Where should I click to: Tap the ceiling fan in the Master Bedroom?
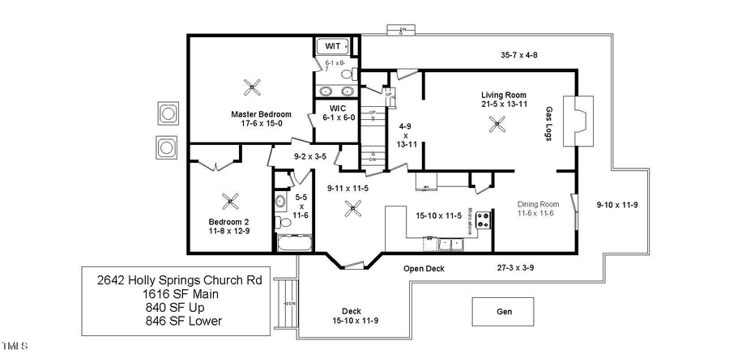pos(254,84)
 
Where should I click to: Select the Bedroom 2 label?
pos(229,226)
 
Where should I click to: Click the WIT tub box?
pos(332,46)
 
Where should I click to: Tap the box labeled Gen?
pos(503,311)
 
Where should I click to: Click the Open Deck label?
pos(424,268)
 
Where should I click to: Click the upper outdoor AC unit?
pos(168,113)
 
